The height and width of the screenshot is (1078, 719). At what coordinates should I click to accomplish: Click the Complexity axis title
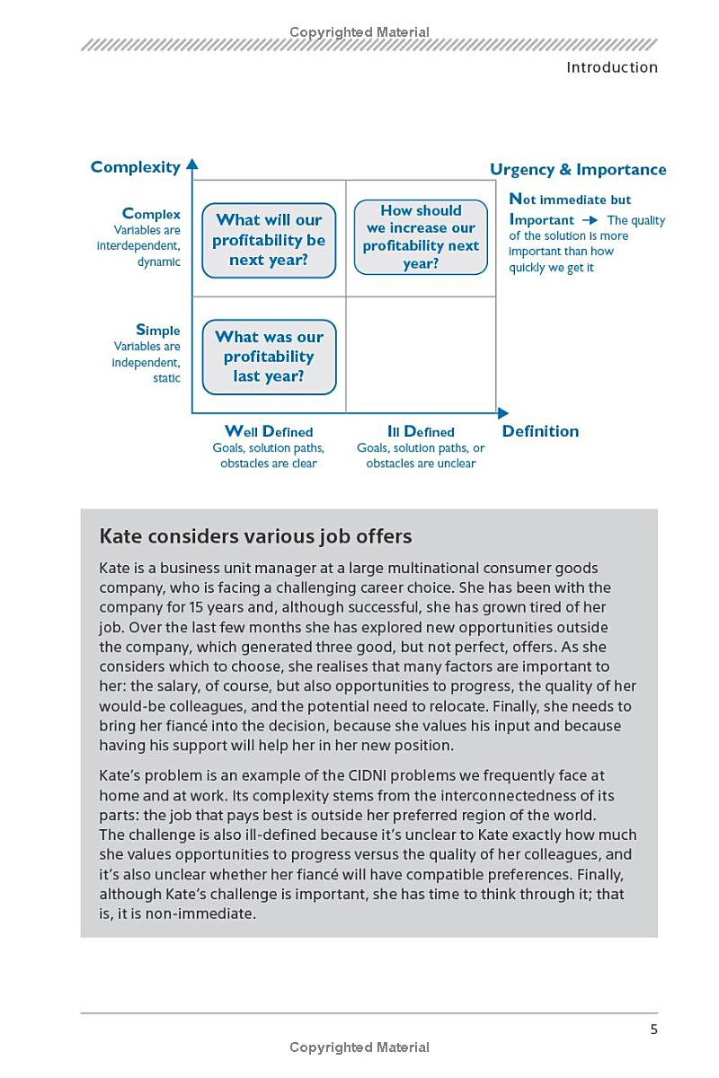click(x=135, y=167)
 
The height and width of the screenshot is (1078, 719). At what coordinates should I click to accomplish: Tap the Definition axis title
click(x=540, y=431)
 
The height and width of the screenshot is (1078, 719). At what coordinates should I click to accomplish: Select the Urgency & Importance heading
click(x=578, y=170)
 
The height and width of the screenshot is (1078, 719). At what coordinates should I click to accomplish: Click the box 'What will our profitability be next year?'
click(x=269, y=240)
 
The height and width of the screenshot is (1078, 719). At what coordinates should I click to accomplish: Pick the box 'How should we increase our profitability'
click(x=421, y=237)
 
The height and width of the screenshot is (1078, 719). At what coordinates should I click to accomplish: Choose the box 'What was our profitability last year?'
click(x=269, y=357)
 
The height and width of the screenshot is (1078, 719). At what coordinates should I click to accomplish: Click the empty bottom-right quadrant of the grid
click(x=421, y=355)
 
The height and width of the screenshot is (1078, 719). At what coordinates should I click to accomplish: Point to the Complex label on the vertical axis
click(x=151, y=214)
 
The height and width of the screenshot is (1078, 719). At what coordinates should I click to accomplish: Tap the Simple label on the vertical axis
click(x=157, y=330)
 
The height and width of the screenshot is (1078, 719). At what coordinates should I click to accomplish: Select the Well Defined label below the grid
click(x=269, y=431)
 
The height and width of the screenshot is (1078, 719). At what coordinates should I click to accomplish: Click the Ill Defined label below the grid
click(x=421, y=431)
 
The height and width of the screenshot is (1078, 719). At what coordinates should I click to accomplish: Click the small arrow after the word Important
click(x=590, y=220)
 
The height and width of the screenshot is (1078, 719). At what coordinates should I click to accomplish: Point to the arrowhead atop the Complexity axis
click(x=192, y=164)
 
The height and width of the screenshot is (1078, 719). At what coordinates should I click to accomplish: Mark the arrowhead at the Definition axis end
click(x=502, y=413)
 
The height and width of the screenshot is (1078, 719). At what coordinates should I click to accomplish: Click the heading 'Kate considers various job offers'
click(x=255, y=536)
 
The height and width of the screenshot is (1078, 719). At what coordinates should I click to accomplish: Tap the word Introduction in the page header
click(x=612, y=67)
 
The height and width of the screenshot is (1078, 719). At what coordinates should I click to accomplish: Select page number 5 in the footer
click(x=654, y=1029)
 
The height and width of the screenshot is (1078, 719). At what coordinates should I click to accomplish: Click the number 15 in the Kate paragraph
click(x=201, y=607)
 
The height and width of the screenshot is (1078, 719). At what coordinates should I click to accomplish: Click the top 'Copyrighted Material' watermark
click(x=359, y=32)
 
